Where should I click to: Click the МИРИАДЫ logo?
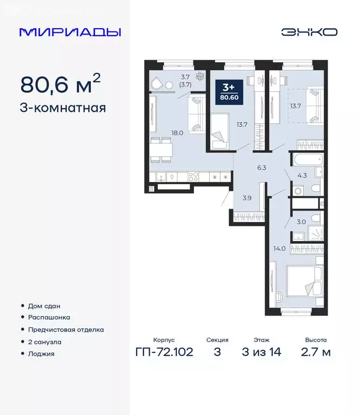click(x=70, y=32)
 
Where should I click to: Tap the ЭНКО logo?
click(x=309, y=32)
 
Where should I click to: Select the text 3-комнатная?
click(x=63, y=108)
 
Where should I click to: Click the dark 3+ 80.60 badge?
click(x=228, y=92)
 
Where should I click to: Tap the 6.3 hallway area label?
click(x=263, y=168)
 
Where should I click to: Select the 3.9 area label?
click(x=246, y=198)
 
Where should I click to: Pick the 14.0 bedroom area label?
click(x=279, y=249)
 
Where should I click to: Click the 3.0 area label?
click(x=302, y=221)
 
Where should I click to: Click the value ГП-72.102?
click(x=164, y=353)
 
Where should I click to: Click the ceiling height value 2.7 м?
click(x=315, y=353)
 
